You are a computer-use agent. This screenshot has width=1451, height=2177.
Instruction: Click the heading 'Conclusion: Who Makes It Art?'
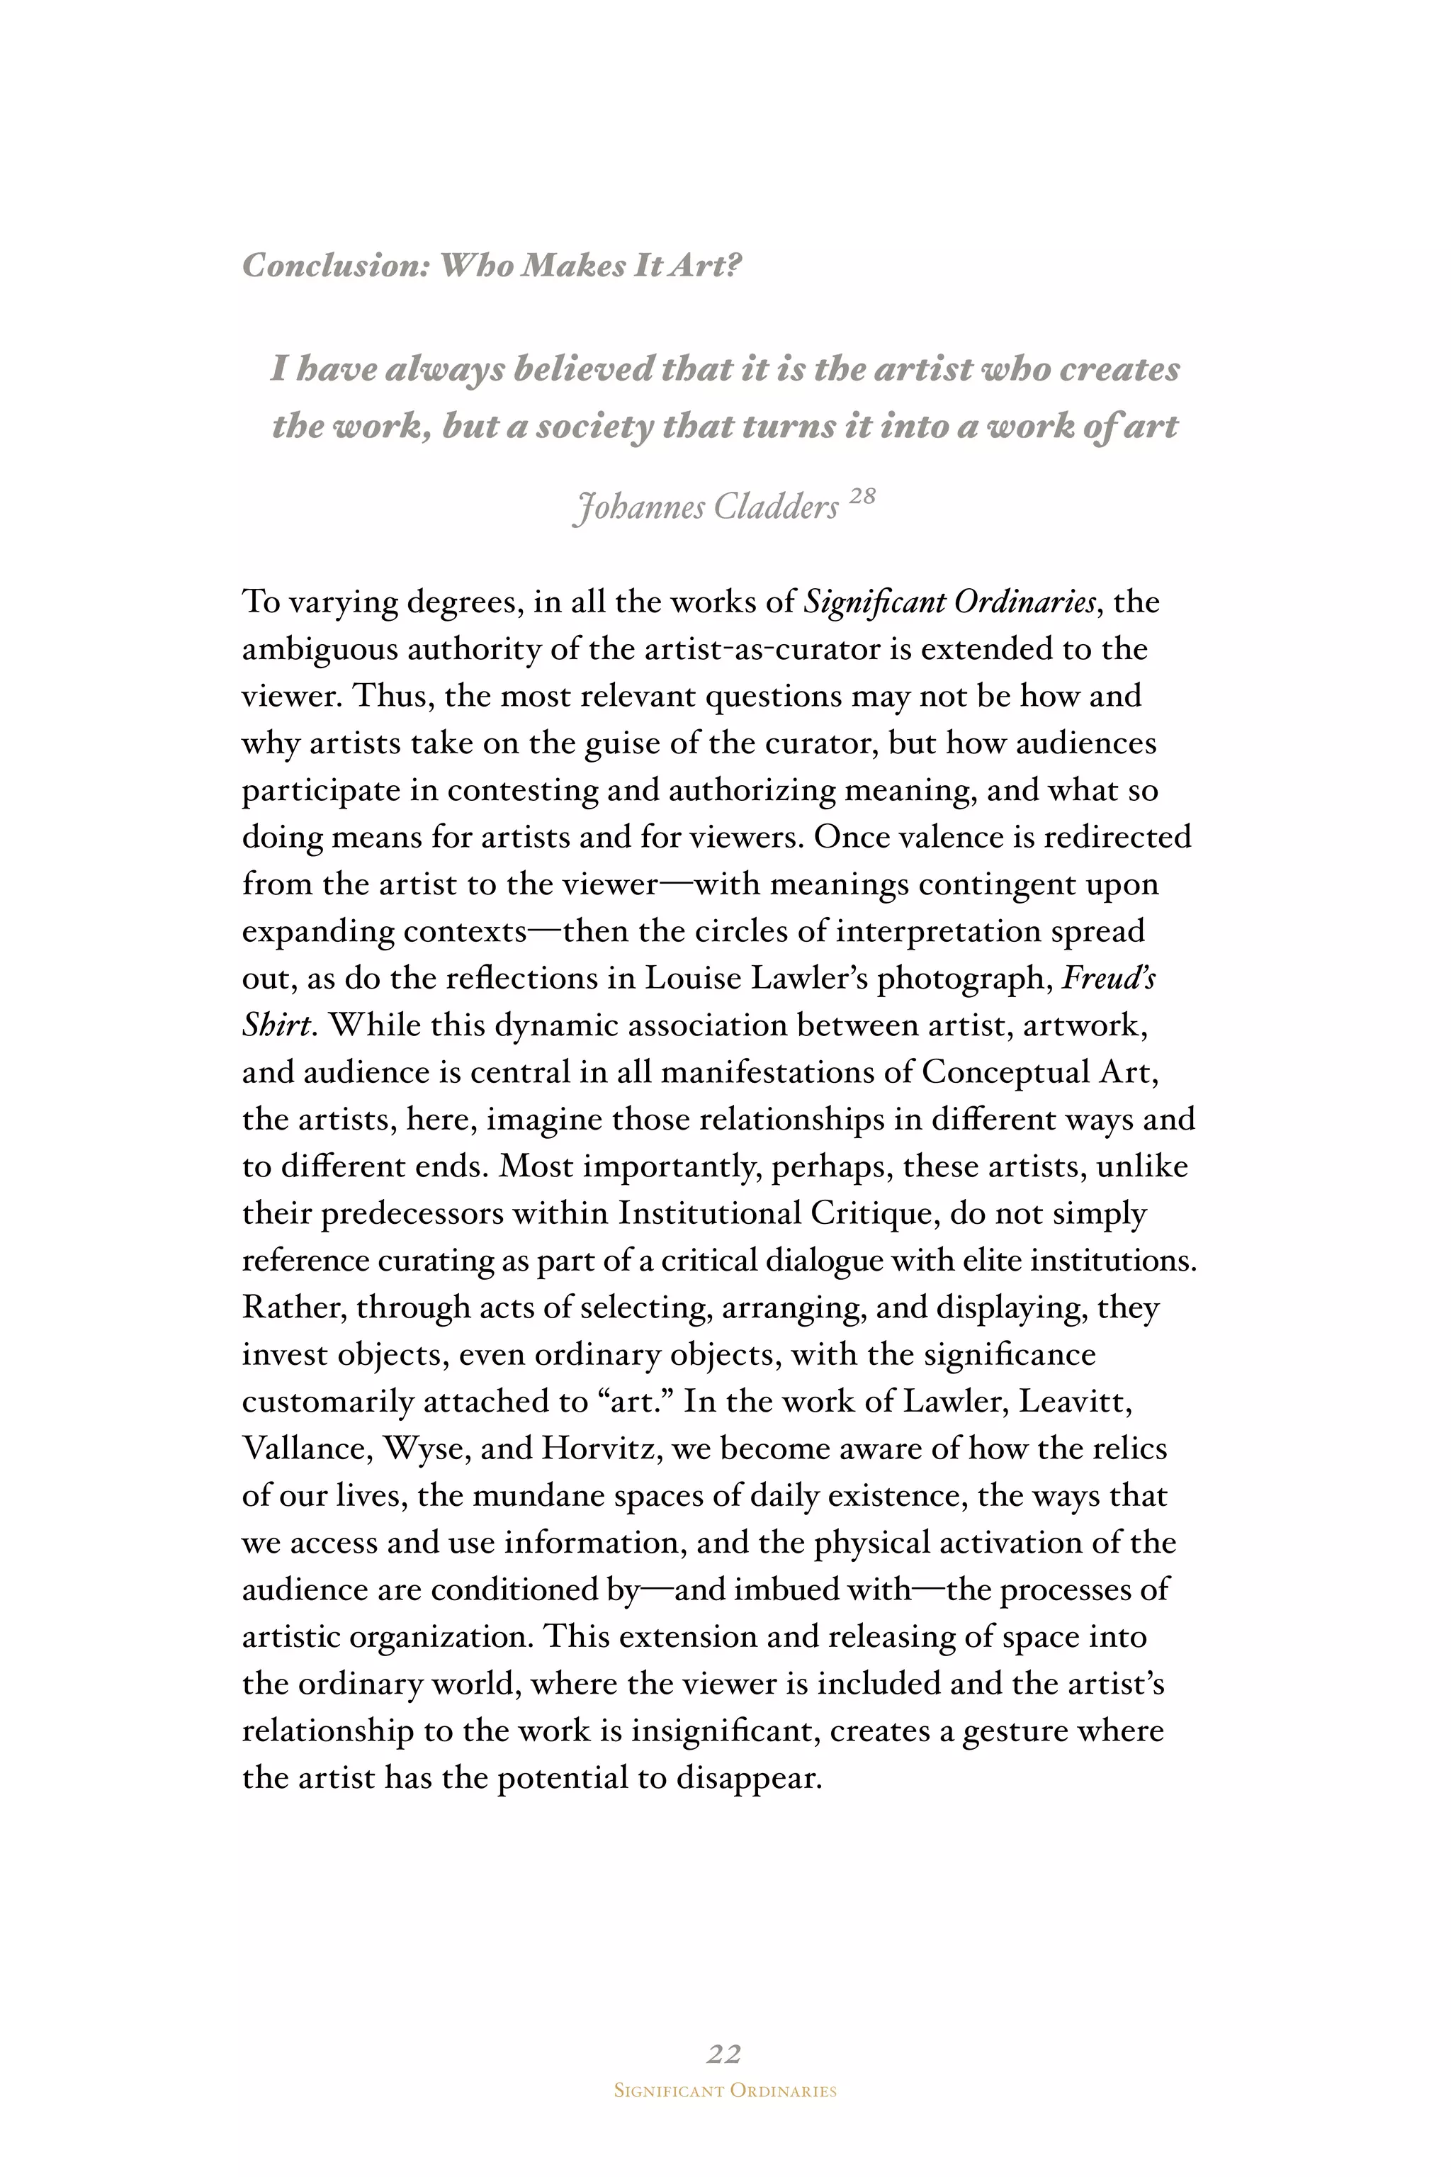click(x=492, y=266)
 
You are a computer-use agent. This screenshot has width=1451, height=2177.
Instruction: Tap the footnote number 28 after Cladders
click(x=861, y=497)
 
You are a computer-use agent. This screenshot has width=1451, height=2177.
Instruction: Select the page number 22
click(x=723, y=2053)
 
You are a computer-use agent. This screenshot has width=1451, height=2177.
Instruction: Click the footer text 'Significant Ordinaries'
click(x=725, y=2091)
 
